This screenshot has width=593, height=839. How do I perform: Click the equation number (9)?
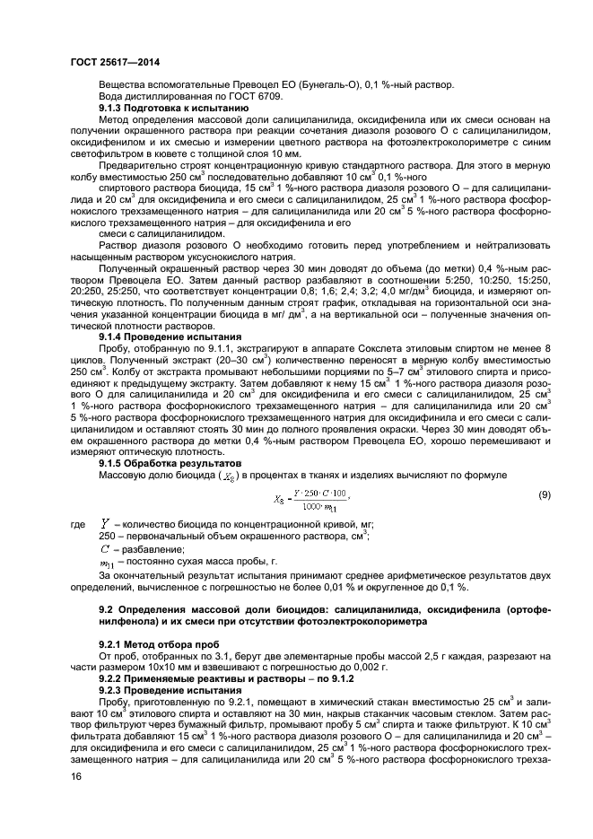(x=545, y=495)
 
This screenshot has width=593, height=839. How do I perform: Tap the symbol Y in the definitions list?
(x=106, y=522)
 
